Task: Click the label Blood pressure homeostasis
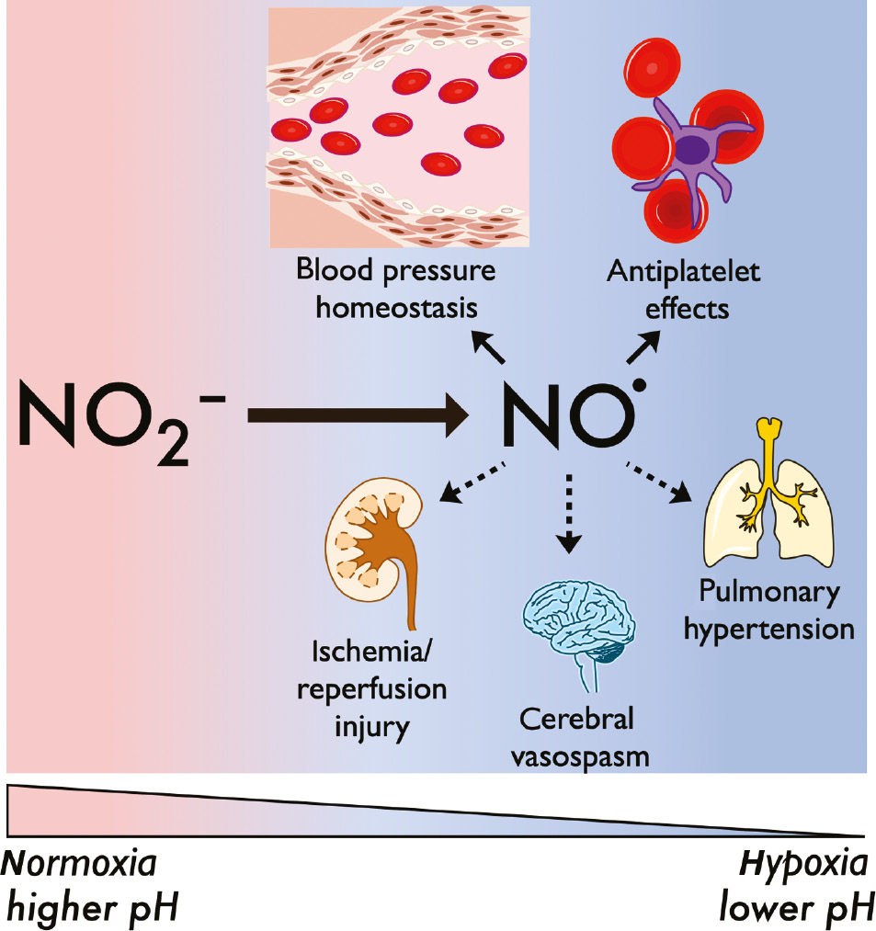pyautogui.click(x=396, y=289)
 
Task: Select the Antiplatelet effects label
pyautogui.click(x=686, y=289)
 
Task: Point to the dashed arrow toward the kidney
pyautogui.click(x=473, y=483)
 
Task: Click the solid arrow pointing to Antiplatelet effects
pyautogui.click(x=643, y=350)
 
